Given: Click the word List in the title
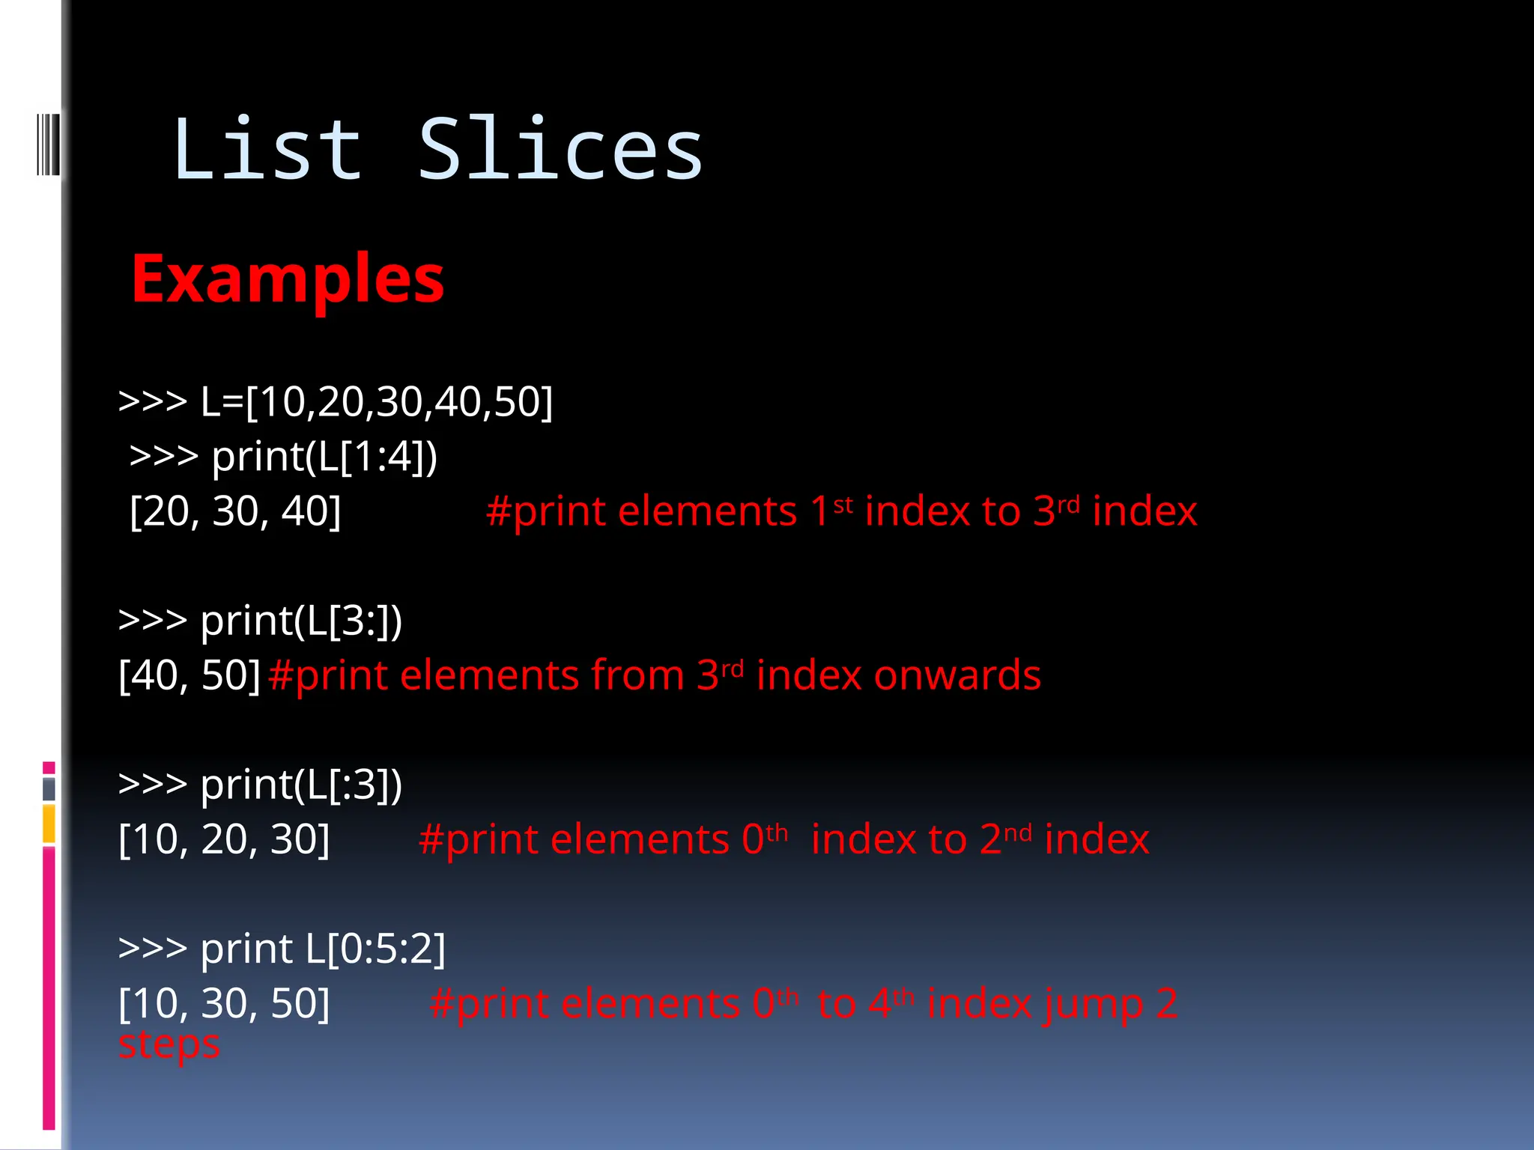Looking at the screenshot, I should [267, 150].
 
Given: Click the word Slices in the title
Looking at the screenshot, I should [560, 150].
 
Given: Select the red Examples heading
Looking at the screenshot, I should [288, 279].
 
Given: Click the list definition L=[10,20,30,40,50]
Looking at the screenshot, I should [376, 401].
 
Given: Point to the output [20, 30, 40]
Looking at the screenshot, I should [235, 511].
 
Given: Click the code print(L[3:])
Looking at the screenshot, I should [301, 621].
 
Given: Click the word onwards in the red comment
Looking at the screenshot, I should [957, 675].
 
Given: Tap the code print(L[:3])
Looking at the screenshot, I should [301, 785].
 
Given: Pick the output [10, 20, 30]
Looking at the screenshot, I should [224, 839].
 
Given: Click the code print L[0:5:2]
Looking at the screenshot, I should [323, 949].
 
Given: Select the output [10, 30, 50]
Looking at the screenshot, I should [224, 1003].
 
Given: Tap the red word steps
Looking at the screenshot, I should [169, 1044].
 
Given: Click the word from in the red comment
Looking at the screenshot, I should [637, 675].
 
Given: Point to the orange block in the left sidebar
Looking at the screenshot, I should [49, 824].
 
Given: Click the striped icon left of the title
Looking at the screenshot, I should [48, 144].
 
